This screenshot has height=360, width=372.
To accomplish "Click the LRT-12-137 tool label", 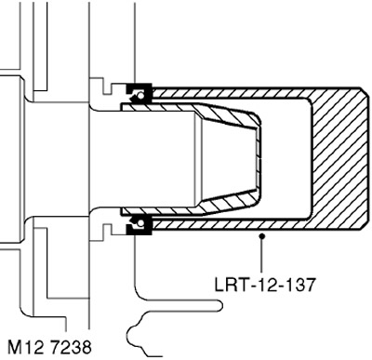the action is click(264, 284).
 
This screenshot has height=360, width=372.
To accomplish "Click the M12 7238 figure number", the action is click(49, 347).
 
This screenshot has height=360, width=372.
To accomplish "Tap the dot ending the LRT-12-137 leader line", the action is click(262, 236).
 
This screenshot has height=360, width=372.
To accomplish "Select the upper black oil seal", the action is click(139, 93).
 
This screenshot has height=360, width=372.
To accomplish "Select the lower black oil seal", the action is click(139, 224).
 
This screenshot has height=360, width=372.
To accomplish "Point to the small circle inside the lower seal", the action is click(141, 222).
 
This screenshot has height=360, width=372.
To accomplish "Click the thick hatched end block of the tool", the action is click(340, 159).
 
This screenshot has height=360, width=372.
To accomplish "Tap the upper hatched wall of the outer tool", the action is click(231, 92).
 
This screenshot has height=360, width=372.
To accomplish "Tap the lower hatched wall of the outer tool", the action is click(231, 224).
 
